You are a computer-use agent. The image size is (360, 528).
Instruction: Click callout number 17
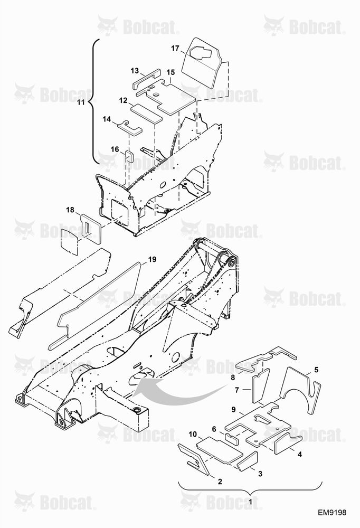(175, 48)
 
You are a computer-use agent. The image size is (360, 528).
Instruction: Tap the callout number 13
(135, 71)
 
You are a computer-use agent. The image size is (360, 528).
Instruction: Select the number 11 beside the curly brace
(81, 102)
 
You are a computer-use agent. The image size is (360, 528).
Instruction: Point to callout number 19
(152, 259)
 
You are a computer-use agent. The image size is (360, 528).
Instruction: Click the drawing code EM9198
(332, 513)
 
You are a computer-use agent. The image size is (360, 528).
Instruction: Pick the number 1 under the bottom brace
(250, 502)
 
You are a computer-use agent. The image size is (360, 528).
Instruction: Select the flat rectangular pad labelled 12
(147, 113)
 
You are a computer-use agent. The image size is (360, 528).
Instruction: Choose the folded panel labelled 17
(201, 64)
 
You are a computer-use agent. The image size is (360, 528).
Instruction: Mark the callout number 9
(234, 410)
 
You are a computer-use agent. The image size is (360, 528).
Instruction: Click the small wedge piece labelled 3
(248, 461)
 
